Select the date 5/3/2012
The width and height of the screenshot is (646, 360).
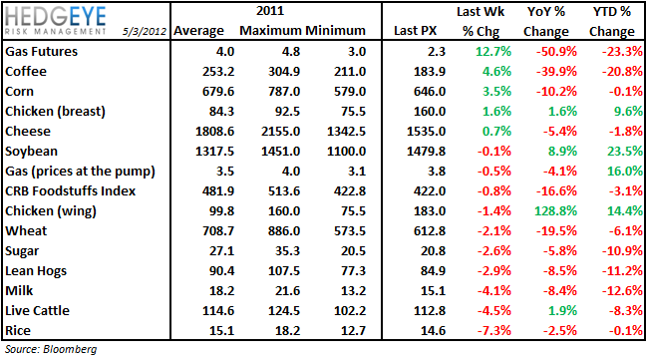pos(146,30)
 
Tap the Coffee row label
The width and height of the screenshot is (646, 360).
pos(27,72)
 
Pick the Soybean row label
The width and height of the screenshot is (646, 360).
pos(33,150)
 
